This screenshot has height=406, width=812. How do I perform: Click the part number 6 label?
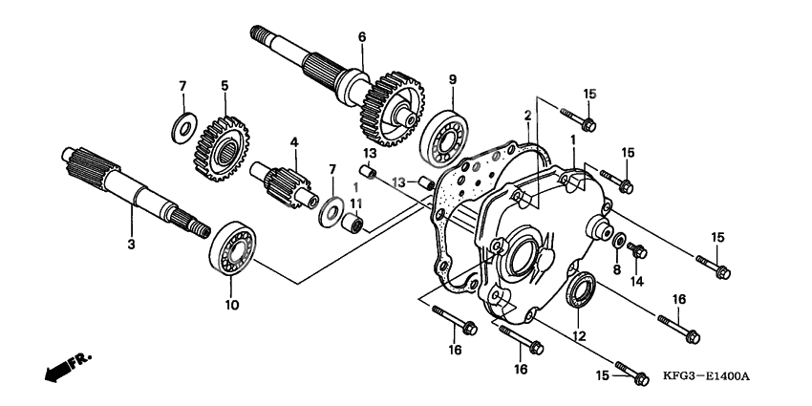tap(362, 37)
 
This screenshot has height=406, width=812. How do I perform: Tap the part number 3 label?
tap(132, 245)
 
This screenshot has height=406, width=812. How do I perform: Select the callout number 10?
tap(231, 306)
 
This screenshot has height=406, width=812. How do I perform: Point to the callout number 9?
tap(453, 79)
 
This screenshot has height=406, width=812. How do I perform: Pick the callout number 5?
tap(224, 85)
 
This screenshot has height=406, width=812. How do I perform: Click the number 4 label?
tap(295, 142)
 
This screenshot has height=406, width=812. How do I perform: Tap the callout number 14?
tap(637, 282)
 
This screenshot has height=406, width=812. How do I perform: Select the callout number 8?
tap(616, 270)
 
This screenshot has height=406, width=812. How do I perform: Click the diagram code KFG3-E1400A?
tap(706, 376)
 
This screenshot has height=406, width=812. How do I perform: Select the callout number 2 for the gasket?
tap(526, 116)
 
